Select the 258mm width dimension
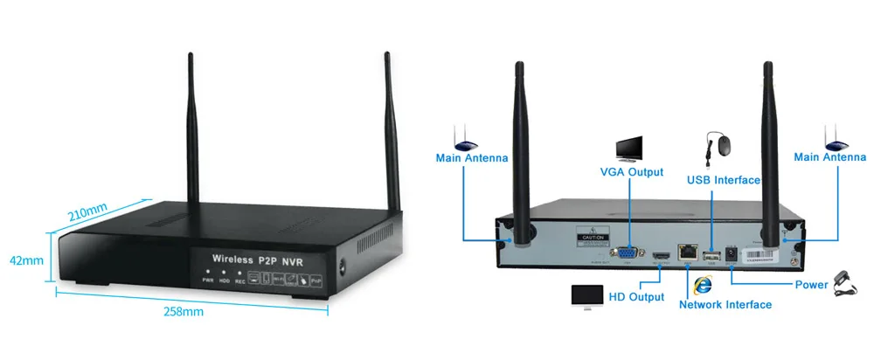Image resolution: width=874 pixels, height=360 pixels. [x=184, y=311]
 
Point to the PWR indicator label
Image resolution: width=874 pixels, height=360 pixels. [x=208, y=280]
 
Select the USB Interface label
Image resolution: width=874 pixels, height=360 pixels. [x=723, y=180]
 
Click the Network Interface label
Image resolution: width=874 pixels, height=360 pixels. [x=725, y=304]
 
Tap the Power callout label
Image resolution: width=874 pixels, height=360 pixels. [x=811, y=285]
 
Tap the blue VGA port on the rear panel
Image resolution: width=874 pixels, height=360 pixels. [x=627, y=253]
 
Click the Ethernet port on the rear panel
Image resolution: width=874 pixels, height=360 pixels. [x=689, y=254]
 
